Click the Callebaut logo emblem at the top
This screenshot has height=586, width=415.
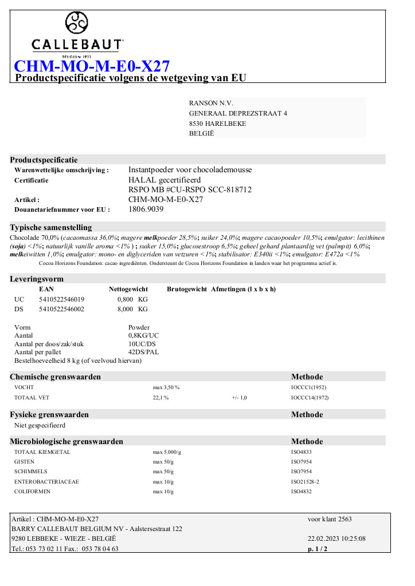click(77, 23)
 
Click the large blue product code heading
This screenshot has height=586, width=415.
click(91, 66)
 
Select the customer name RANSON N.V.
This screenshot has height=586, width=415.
click(211, 102)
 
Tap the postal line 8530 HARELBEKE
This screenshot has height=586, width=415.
click(218, 123)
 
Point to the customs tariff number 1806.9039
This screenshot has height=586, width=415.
click(146, 209)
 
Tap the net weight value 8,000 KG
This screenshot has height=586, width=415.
click(132, 309)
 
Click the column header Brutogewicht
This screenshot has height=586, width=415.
click(187, 289)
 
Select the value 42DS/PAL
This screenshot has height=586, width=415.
click(143, 352)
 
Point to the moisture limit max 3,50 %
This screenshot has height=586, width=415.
click(166, 387)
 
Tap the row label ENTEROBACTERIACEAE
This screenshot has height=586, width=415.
click(46, 482)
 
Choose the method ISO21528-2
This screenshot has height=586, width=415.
click(305, 482)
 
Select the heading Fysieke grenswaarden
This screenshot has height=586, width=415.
click(49, 414)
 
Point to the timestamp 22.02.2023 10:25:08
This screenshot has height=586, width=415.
click(336, 539)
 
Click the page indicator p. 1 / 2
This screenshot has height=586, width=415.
click(318, 549)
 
